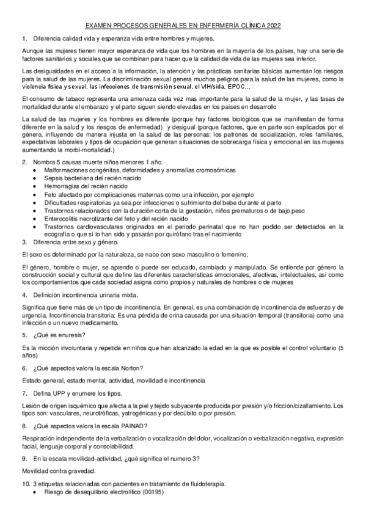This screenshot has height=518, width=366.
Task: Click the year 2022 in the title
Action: [x=273, y=26]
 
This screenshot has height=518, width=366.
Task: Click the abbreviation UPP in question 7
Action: [x=57, y=393]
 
